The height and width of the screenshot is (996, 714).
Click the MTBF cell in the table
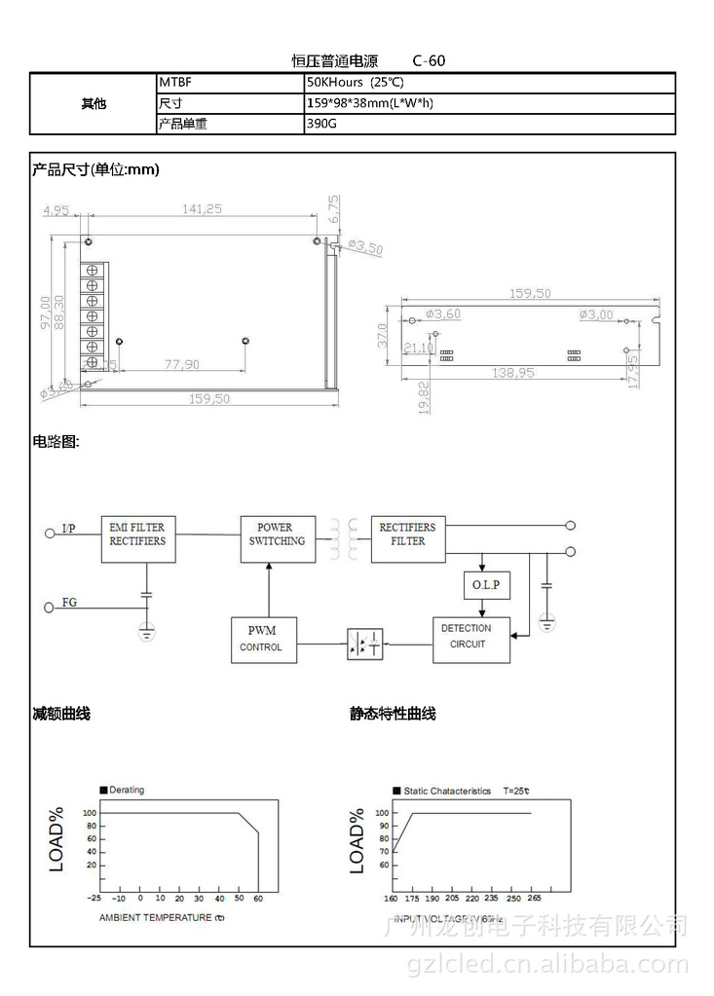pyautogui.click(x=229, y=84)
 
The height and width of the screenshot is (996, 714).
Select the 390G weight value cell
pyautogui.click(x=489, y=125)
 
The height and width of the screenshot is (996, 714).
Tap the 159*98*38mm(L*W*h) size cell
pyautogui.click(x=489, y=104)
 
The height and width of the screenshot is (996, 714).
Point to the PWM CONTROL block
pyautogui.click(x=263, y=639)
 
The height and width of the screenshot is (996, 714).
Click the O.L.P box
pyautogui.click(x=485, y=584)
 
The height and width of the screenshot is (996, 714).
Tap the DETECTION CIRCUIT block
pyautogui.click(x=470, y=639)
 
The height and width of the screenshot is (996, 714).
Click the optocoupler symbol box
pyautogui.click(x=365, y=644)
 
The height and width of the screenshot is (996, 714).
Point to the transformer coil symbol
pyautogui.click(x=344, y=539)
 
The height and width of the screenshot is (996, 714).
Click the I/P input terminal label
pyautogui.click(x=68, y=529)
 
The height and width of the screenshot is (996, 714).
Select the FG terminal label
pyautogui.click(x=69, y=603)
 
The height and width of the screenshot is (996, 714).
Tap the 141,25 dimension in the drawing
pyautogui.click(x=203, y=208)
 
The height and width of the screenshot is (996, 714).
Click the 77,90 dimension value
pyautogui.click(x=181, y=364)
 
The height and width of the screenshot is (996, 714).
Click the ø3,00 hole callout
pyautogui.click(x=596, y=314)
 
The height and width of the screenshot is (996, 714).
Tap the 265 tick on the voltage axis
pyautogui.click(x=535, y=899)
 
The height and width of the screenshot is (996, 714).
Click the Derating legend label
pyautogui.click(x=127, y=790)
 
